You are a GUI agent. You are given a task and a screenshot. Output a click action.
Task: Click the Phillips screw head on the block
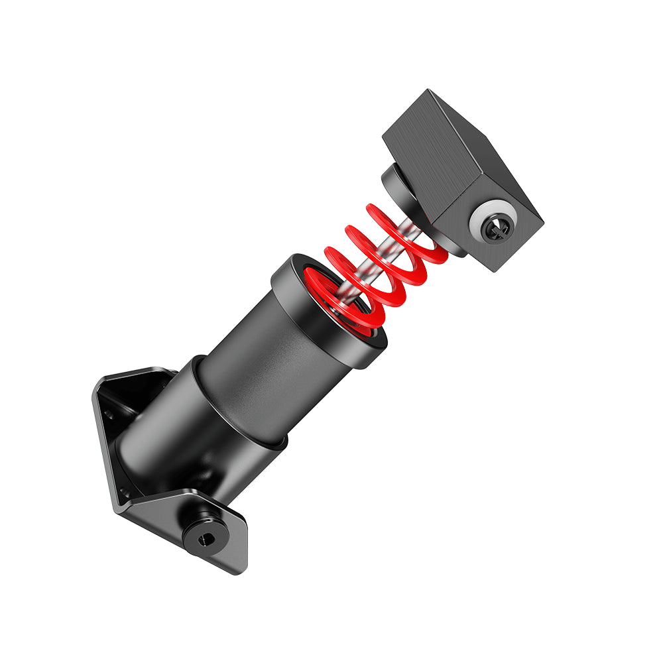pyautogui.click(x=497, y=228)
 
